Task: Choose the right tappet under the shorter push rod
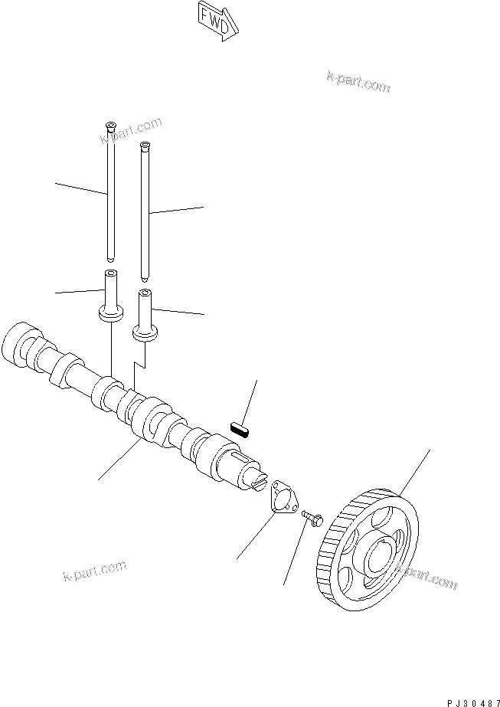point(145,314)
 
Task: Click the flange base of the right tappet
point(145,332)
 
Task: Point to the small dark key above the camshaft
point(241,426)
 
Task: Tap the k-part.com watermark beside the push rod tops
point(131,130)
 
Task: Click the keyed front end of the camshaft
point(253,477)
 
